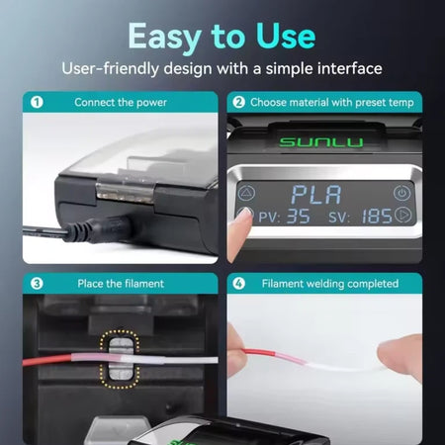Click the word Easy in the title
(165, 38)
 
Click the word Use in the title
(286, 36)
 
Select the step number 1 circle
(37, 102)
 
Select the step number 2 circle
(238, 102)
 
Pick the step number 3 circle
(37, 284)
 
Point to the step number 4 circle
(238, 284)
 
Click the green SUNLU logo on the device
(321, 142)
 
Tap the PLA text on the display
(316, 195)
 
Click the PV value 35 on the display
(299, 217)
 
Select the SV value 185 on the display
(377, 217)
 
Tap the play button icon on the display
(402, 215)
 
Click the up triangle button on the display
(246, 194)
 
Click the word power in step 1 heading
(151, 103)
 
